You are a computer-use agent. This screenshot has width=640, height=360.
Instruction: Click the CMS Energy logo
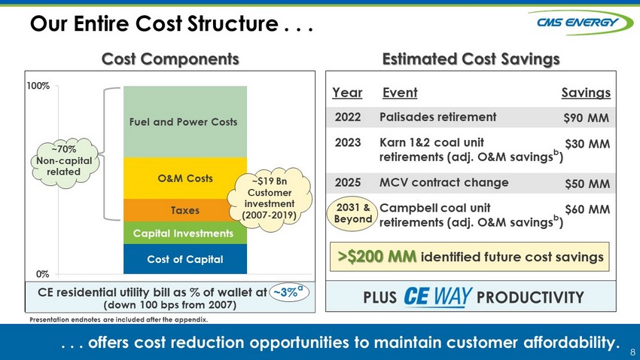coord(580,23)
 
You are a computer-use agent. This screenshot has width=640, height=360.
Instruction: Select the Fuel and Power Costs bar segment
coord(185,122)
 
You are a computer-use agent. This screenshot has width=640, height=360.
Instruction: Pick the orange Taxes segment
coord(175,210)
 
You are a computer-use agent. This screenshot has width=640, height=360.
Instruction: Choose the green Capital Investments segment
coord(185,233)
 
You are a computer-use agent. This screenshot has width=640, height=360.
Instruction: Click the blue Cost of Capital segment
coord(185,259)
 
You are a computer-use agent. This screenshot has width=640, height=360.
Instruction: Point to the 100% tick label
coord(38,86)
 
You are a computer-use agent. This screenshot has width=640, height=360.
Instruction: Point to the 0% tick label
coord(42,274)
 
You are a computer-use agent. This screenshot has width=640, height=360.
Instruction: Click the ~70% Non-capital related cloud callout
coord(65,162)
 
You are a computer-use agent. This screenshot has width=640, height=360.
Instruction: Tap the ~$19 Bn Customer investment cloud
coord(270,199)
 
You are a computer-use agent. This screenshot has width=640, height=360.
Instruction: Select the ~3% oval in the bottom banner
coord(289,292)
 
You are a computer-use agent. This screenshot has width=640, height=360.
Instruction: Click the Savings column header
coord(586,93)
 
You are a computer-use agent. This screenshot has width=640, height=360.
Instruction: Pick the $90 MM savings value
coord(586,118)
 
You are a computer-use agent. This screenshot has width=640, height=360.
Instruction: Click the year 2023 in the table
coord(348,142)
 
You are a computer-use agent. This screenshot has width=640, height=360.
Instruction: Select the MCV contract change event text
coord(444,182)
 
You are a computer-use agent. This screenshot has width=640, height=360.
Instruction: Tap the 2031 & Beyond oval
coord(352,213)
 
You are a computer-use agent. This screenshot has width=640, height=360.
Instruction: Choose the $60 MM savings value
coord(587,209)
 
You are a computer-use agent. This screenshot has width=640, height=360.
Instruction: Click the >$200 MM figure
coord(376,257)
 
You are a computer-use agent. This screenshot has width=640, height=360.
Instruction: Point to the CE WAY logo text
coord(438,297)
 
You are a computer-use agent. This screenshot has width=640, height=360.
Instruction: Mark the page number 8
coord(632,352)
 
